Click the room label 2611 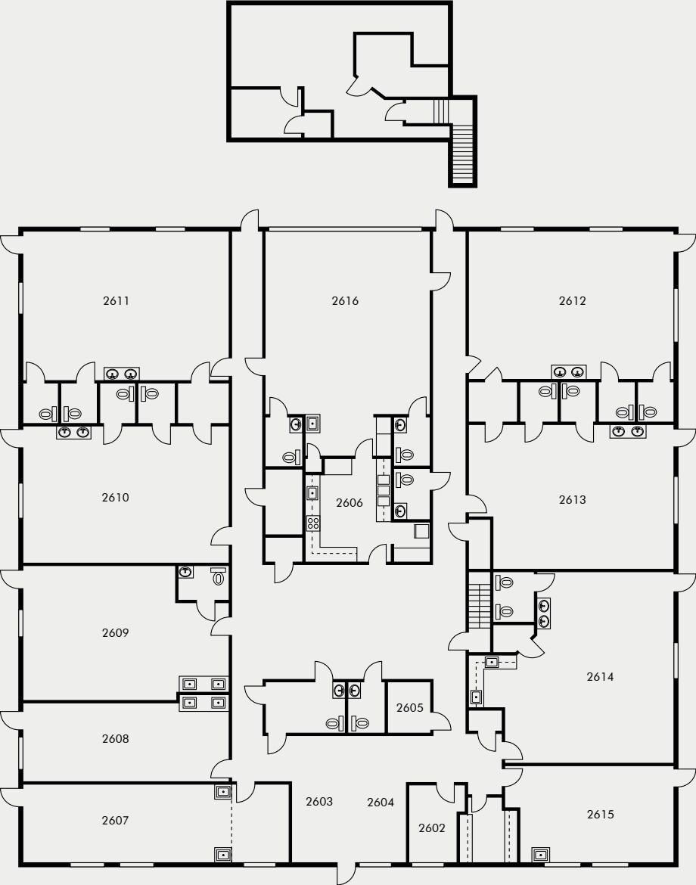pos(116,300)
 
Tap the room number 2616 pos(345,300)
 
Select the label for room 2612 pos(573,300)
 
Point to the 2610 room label pos(115,497)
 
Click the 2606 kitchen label pos(350,502)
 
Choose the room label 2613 pos(573,499)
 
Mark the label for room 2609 pos(115,632)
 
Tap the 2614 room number pos(600,677)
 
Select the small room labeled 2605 pos(409,708)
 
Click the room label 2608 pos(115,738)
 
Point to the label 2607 pos(115,820)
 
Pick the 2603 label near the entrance pos(319,801)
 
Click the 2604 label pos(381,802)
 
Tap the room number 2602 pos(432,828)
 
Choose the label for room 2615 pos(600,815)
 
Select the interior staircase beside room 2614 pos(480,601)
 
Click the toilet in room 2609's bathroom pos(219,578)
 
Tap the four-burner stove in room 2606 pos(312,523)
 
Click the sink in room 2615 pos(541,855)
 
